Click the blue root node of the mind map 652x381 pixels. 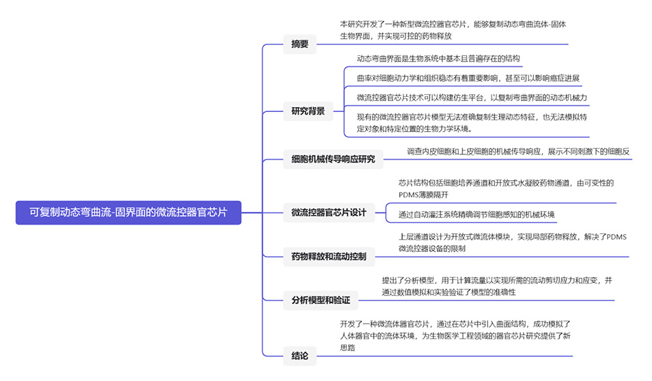[128, 212]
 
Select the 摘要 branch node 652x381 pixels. [300, 44]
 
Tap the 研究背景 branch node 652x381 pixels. [308, 111]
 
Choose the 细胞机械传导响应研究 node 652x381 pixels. [333, 160]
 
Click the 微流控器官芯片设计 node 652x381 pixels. [328, 212]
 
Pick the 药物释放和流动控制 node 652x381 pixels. [328, 257]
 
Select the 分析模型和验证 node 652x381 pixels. [320, 300]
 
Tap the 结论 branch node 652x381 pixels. [300, 356]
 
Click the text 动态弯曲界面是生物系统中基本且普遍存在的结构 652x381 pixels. [438, 59]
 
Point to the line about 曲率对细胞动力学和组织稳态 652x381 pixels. [468, 78]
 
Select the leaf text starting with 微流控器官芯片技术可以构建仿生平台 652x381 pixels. [472, 98]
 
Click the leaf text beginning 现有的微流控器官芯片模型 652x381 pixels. [472, 122]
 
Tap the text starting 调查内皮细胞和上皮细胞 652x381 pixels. [518, 151]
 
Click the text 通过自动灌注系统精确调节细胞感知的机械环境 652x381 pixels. [477, 214]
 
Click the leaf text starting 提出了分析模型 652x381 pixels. [496, 286]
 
